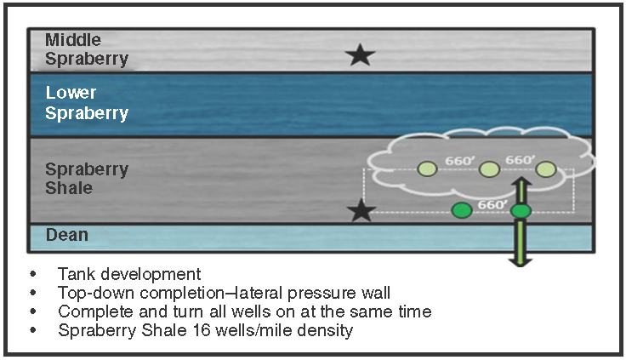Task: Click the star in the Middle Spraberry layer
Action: tap(361, 56)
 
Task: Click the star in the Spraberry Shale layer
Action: tap(361, 210)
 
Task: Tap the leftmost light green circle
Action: tap(426, 169)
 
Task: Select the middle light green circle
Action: tap(488, 169)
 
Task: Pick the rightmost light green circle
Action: tap(546, 169)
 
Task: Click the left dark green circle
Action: tap(461, 210)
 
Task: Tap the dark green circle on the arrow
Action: tap(521, 210)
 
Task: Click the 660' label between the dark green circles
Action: tap(492, 204)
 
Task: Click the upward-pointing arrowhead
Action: tap(521, 183)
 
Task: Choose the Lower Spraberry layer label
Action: tap(87, 103)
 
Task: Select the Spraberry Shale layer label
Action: tap(87, 178)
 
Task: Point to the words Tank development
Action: tap(129, 274)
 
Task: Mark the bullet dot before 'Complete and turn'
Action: tap(33, 311)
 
